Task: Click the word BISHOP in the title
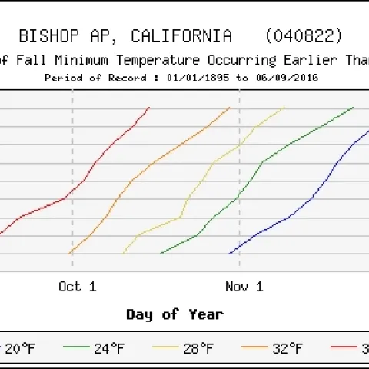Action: [45, 36]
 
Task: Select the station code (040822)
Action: [304, 36]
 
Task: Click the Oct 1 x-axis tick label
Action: [78, 287]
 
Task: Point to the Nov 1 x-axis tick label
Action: [244, 287]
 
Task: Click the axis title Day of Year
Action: [175, 314]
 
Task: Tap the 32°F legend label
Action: [286, 348]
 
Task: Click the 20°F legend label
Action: [20, 348]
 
